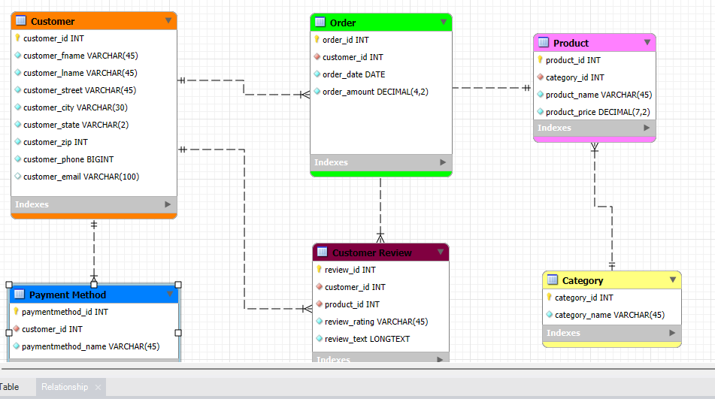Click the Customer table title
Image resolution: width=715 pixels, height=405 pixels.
click(53, 21)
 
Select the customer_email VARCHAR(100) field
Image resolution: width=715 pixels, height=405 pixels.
click(80, 177)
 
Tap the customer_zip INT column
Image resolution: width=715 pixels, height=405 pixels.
click(55, 142)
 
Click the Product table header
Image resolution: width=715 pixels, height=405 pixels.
click(571, 43)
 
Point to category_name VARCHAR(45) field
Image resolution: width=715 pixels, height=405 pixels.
click(609, 315)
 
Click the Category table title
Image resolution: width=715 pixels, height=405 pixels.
click(583, 280)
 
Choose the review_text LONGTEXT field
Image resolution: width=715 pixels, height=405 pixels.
click(367, 339)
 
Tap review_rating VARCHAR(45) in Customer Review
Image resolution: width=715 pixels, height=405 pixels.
click(376, 322)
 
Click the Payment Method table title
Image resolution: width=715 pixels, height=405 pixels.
click(68, 295)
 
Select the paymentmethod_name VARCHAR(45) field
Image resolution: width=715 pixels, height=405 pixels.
click(90, 346)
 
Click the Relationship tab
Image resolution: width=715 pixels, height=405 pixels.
click(65, 387)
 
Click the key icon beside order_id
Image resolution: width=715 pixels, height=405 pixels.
click(317, 40)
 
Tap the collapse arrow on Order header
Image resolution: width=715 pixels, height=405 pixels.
click(444, 23)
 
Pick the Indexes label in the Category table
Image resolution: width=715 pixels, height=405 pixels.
click(563, 333)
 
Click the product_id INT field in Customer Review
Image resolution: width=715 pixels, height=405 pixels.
click(352, 304)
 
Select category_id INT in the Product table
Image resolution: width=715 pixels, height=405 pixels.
click(574, 77)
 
